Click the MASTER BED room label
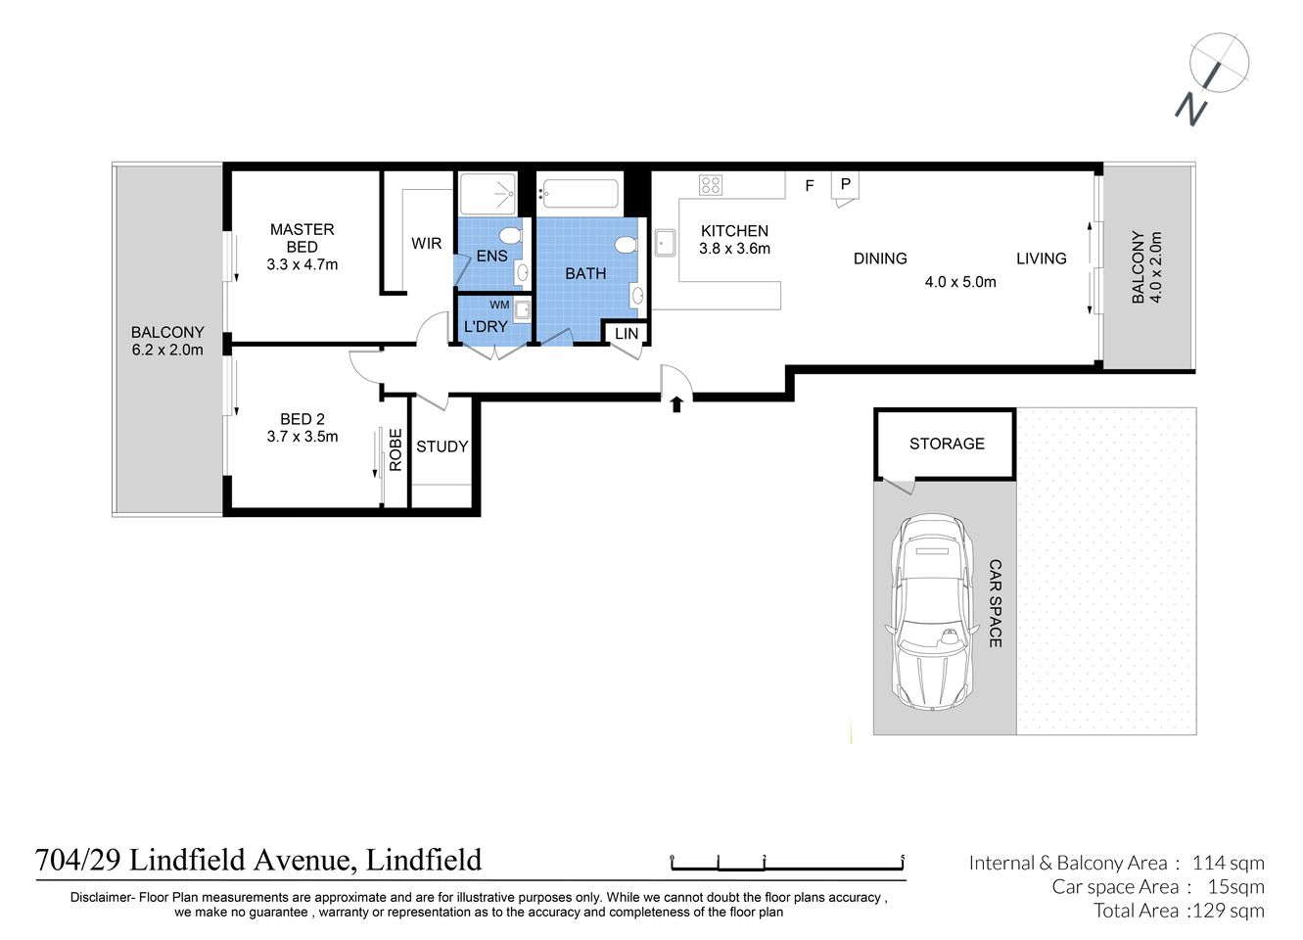point(302,238)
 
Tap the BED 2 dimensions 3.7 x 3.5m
point(302,437)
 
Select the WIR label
point(426,244)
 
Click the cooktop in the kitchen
point(710,184)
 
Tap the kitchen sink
point(666,241)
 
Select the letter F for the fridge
point(810,185)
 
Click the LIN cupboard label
point(627,334)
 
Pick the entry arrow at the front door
point(675,403)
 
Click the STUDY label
point(442,446)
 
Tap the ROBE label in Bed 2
point(396,450)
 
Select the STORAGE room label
point(947,444)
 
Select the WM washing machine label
point(499,305)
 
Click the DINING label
point(880,258)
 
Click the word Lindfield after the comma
point(423,860)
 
